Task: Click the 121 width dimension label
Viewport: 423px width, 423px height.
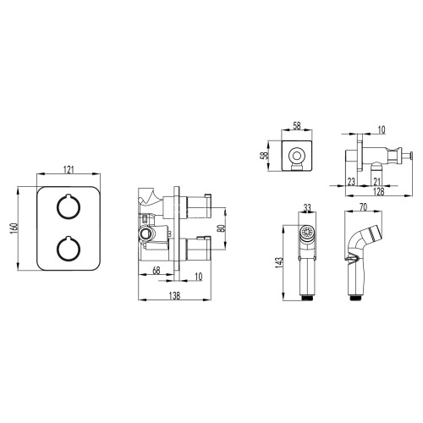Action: tap(69, 169)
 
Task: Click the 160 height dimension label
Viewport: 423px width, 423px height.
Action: tap(14, 228)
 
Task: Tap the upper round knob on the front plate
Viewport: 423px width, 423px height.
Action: tap(69, 206)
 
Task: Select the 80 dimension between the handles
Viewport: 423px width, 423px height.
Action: tap(222, 228)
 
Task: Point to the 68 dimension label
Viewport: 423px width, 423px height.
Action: tap(157, 271)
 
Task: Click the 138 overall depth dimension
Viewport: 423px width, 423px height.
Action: tap(174, 296)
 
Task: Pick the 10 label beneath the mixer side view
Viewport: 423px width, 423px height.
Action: tap(199, 277)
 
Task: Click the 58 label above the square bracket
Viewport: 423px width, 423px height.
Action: tap(297, 125)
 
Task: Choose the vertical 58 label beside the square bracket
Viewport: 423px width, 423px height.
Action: tap(265, 156)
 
